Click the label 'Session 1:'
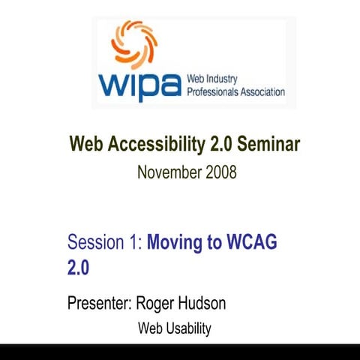pyautogui.click(x=104, y=242)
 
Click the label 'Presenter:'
pyautogui.click(x=100, y=304)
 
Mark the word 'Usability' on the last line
pyautogui.click(x=187, y=328)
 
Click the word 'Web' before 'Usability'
pyautogui.click(x=149, y=328)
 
